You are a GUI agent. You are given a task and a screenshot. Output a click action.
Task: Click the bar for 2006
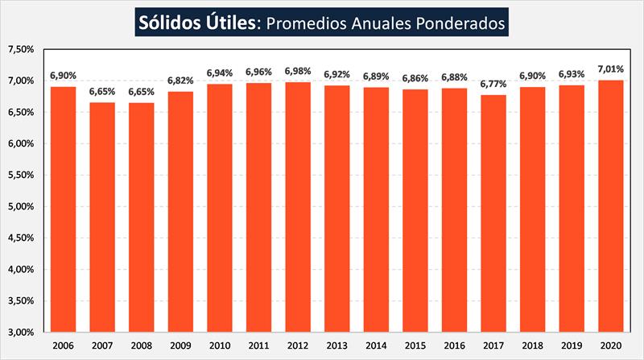click(63, 209)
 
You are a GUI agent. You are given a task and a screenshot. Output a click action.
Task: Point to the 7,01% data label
click(612, 69)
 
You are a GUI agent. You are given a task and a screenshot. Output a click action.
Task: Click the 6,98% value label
click(299, 71)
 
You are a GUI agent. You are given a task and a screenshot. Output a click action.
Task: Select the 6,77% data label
click(493, 84)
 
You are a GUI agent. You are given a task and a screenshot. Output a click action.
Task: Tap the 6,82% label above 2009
click(181, 81)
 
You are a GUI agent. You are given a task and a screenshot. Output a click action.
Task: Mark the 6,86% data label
click(415, 78)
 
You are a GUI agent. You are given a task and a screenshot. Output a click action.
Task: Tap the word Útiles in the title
click(232, 23)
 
